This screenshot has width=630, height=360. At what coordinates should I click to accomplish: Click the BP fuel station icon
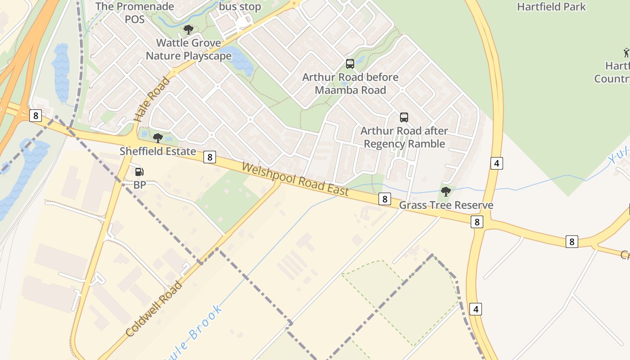pyautogui.click(x=139, y=171)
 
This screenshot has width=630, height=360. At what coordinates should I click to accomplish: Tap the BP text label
pyautogui.click(x=140, y=184)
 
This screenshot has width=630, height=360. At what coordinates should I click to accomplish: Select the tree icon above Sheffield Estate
pyautogui.click(x=157, y=138)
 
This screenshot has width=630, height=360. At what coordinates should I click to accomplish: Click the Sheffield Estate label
pyautogui.click(x=157, y=151)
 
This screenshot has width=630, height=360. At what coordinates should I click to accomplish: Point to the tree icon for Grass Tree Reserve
pyautogui.click(x=446, y=192)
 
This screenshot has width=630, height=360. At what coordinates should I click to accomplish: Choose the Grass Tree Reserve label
pyautogui.click(x=446, y=205)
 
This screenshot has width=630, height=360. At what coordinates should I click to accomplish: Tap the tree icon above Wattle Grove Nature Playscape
pyautogui.click(x=189, y=30)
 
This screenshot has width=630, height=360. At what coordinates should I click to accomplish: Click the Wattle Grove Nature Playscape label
pyautogui.click(x=189, y=49)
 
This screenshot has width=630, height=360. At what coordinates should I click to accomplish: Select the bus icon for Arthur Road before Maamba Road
pyautogui.click(x=350, y=64)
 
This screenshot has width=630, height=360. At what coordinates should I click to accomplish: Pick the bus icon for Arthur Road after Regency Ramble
pyautogui.click(x=404, y=117)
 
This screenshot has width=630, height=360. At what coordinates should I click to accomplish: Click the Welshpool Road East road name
pyautogui.click(x=295, y=179)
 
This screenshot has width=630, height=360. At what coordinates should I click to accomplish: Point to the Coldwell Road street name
pyautogui.click(x=154, y=309)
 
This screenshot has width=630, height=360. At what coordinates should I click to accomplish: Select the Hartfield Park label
pyautogui.click(x=551, y=7)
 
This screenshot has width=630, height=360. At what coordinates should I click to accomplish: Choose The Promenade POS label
pyautogui.click(x=135, y=13)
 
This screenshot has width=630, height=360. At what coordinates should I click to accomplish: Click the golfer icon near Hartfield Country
pyautogui.click(x=626, y=53)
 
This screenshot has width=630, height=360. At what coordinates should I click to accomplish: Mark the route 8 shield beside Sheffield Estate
pyautogui.click(x=209, y=157)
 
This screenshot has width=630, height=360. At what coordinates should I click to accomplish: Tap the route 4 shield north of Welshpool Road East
pyautogui.click(x=496, y=163)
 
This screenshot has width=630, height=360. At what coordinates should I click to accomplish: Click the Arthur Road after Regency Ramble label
pyautogui.click(x=404, y=137)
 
